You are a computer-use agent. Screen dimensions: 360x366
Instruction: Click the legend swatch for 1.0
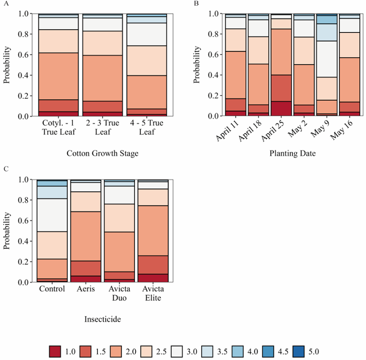tap(55, 351)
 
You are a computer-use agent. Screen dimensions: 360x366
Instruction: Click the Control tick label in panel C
tap(52, 289)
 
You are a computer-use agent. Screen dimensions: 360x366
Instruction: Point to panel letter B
tap(196, 4)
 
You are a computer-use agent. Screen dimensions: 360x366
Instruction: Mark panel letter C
tap(5, 169)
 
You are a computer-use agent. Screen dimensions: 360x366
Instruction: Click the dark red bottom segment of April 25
tap(281, 108)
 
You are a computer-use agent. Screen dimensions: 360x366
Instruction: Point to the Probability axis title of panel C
tap(7, 231)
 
